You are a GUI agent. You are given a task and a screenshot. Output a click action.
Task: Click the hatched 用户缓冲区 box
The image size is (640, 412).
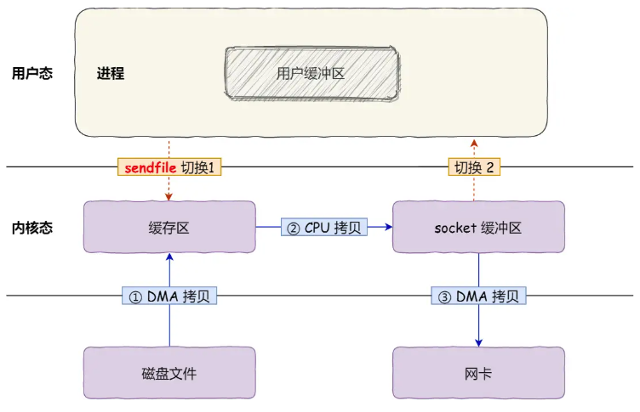(311, 73)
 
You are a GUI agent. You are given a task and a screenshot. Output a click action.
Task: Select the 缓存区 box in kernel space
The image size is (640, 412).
(169, 227)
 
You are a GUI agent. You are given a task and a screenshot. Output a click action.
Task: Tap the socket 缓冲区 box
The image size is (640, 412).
(477, 227)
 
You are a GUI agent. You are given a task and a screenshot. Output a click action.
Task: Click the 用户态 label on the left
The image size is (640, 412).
(32, 73)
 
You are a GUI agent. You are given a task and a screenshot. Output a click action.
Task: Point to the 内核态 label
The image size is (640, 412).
(32, 228)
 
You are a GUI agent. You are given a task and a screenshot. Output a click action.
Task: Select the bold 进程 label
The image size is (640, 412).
(111, 73)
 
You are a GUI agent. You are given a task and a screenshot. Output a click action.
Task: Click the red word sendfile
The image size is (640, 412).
(150, 167)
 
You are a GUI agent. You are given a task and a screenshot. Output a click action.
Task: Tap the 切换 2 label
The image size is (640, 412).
(474, 167)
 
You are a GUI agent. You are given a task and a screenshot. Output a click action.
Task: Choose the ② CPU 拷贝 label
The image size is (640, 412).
(324, 228)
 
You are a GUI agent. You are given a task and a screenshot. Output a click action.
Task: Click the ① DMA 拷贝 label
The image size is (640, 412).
(170, 296)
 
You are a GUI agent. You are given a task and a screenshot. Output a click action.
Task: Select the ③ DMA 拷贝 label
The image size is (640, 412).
(478, 296)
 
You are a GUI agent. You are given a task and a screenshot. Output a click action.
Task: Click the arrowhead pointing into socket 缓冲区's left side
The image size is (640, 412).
(387, 227)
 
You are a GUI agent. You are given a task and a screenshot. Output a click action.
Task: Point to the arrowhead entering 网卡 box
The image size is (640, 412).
(478, 341)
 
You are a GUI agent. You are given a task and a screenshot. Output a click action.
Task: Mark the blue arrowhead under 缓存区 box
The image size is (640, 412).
(169, 257)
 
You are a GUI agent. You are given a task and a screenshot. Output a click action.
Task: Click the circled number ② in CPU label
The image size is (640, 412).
(292, 228)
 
